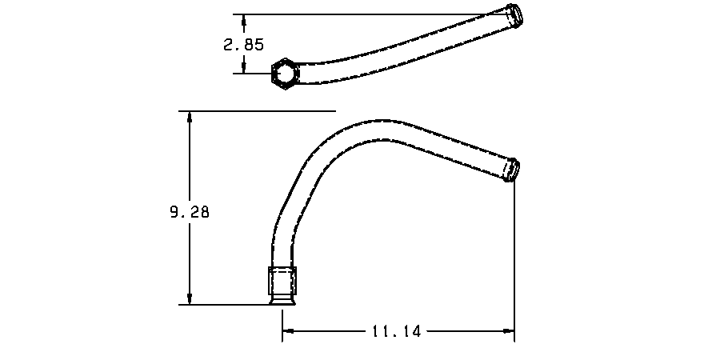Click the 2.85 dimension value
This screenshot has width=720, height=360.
click(x=243, y=45)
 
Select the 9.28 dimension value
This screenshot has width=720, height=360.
click(x=190, y=213)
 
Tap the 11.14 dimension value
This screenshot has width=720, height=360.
click(x=396, y=330)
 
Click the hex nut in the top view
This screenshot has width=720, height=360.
click(x=283, y=74)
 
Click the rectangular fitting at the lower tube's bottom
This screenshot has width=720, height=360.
click(x=282, y=281)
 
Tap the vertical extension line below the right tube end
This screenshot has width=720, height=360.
click(x=514, y=256)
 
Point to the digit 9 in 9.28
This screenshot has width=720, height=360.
click(x=174, y=213)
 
